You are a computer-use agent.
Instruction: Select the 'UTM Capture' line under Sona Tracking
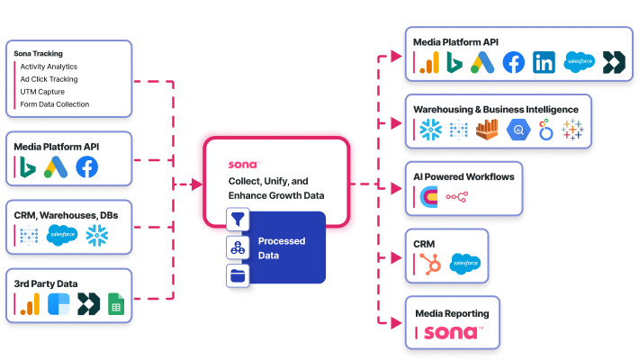pos(43,92)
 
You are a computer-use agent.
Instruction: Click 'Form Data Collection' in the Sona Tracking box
pos(54,104)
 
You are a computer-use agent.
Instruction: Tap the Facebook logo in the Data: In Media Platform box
pos(87,167)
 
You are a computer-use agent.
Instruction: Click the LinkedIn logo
pos(544,62)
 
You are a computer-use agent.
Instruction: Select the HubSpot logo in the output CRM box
pos(427,263)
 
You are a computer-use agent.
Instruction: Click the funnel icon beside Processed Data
pos(238,220)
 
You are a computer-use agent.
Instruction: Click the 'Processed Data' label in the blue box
pos(281,247)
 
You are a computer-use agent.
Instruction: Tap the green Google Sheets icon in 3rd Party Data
pos(114,306)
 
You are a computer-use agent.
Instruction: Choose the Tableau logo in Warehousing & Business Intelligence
pos(571,130)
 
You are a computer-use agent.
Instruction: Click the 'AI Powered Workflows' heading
pos(463,177)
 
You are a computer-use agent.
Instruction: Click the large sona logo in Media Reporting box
pos(454,333)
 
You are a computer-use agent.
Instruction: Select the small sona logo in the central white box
pos(243,165)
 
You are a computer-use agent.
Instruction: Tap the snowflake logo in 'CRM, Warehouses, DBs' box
pos(95,237)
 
